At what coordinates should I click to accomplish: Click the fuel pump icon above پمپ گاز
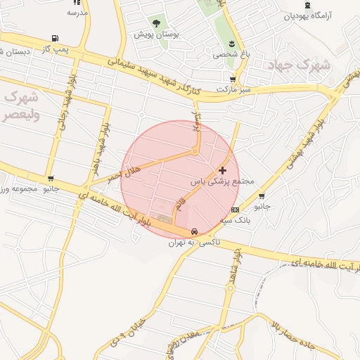point(56,39)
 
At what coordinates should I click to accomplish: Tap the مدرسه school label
point(77,13)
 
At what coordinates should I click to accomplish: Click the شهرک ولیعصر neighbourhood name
point(25,105)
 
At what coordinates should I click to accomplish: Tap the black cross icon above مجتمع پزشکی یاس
point(223,170)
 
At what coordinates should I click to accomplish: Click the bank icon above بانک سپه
point(234,210)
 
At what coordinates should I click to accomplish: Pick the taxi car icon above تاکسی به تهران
point(193,232)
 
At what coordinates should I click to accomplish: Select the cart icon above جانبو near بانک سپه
point(262,196)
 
